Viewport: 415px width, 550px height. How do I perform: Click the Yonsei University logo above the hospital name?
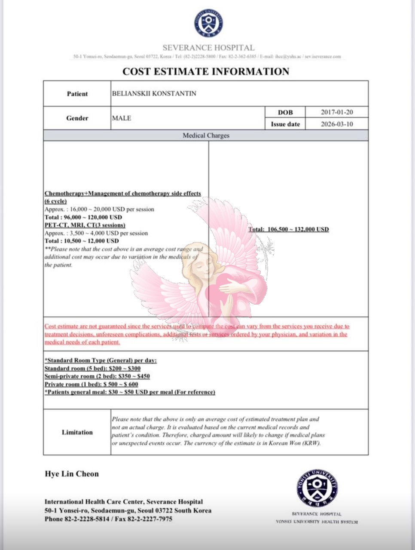coord(208,23)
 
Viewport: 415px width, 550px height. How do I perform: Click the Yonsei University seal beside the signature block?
coord(317,488)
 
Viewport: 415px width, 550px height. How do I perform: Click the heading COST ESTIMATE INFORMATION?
coord(206,71)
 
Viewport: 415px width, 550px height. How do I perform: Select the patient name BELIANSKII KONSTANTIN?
coord(154,93)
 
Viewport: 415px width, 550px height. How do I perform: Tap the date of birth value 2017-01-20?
coord(337,112)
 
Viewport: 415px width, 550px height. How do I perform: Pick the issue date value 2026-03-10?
coord(337,124)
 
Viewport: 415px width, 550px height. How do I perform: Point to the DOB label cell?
coord(285,112)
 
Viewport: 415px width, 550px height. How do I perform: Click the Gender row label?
coord(77,118)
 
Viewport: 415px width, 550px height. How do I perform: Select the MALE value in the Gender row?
coord(122,118)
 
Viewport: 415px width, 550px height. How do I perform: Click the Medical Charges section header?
coord(206,135)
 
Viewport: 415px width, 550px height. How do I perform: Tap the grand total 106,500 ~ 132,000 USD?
coord(288,229)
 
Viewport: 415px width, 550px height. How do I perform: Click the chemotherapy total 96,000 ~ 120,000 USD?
coord(83,217)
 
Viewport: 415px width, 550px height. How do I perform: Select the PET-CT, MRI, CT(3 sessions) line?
coord(85,225)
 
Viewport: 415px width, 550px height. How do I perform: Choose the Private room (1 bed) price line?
coord(92,384)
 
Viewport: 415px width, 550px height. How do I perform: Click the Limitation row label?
coord(77,432)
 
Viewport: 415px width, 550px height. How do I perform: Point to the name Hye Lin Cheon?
coord(72,474)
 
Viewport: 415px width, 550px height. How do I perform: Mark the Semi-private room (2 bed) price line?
coord(97,376)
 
